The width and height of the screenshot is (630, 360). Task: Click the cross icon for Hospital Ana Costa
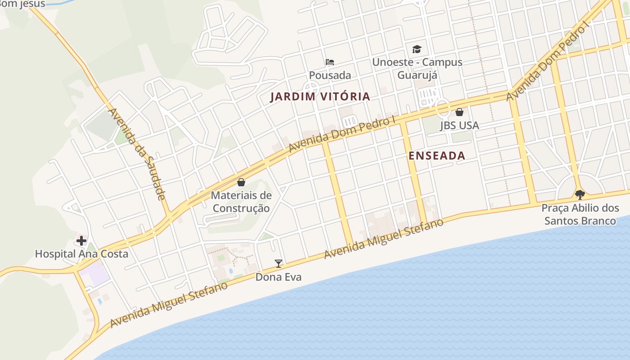coord(81,241)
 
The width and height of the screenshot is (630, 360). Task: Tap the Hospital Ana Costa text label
coord(81,254)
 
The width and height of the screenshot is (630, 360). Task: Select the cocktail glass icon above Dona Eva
coord(279,264)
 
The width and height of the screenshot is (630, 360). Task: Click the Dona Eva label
coord(279,277)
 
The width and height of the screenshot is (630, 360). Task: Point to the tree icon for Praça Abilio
coord(580,195)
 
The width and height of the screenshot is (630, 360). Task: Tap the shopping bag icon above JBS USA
coord(459,112)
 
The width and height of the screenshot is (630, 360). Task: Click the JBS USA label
coord(459,126)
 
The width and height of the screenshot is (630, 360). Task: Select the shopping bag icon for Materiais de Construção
coord(241,182)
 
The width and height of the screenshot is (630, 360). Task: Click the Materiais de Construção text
coord(241,202)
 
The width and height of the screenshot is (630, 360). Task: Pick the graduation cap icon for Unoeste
coord(417,49)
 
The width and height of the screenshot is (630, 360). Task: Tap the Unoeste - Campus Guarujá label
coord(417,68)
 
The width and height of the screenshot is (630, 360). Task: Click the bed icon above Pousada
coord(330,62)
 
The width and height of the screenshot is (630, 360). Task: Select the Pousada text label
coord(330,75)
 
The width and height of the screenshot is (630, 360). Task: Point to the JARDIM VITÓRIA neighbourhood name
coord(320,96)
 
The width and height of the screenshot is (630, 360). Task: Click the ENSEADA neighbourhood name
coord(436,156)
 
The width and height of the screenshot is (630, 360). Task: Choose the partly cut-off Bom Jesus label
coord(22,4)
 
